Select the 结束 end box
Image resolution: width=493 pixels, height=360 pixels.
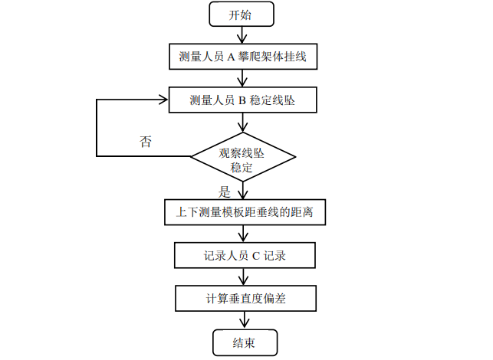point(245,342)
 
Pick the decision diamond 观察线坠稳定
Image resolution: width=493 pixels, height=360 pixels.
point(243,157)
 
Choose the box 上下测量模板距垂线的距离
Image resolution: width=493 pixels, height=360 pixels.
point(245,212)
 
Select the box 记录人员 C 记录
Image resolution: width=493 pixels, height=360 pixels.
point(245,256)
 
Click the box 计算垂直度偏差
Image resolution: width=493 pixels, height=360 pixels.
point(245,298)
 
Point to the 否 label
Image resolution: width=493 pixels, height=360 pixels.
point(146,142)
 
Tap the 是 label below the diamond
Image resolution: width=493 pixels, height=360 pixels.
point(225,191)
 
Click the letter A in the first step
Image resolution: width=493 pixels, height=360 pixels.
point(230,57)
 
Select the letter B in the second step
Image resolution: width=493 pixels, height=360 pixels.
point(230,100)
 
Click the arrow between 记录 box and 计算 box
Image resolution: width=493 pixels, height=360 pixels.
point(245,277)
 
